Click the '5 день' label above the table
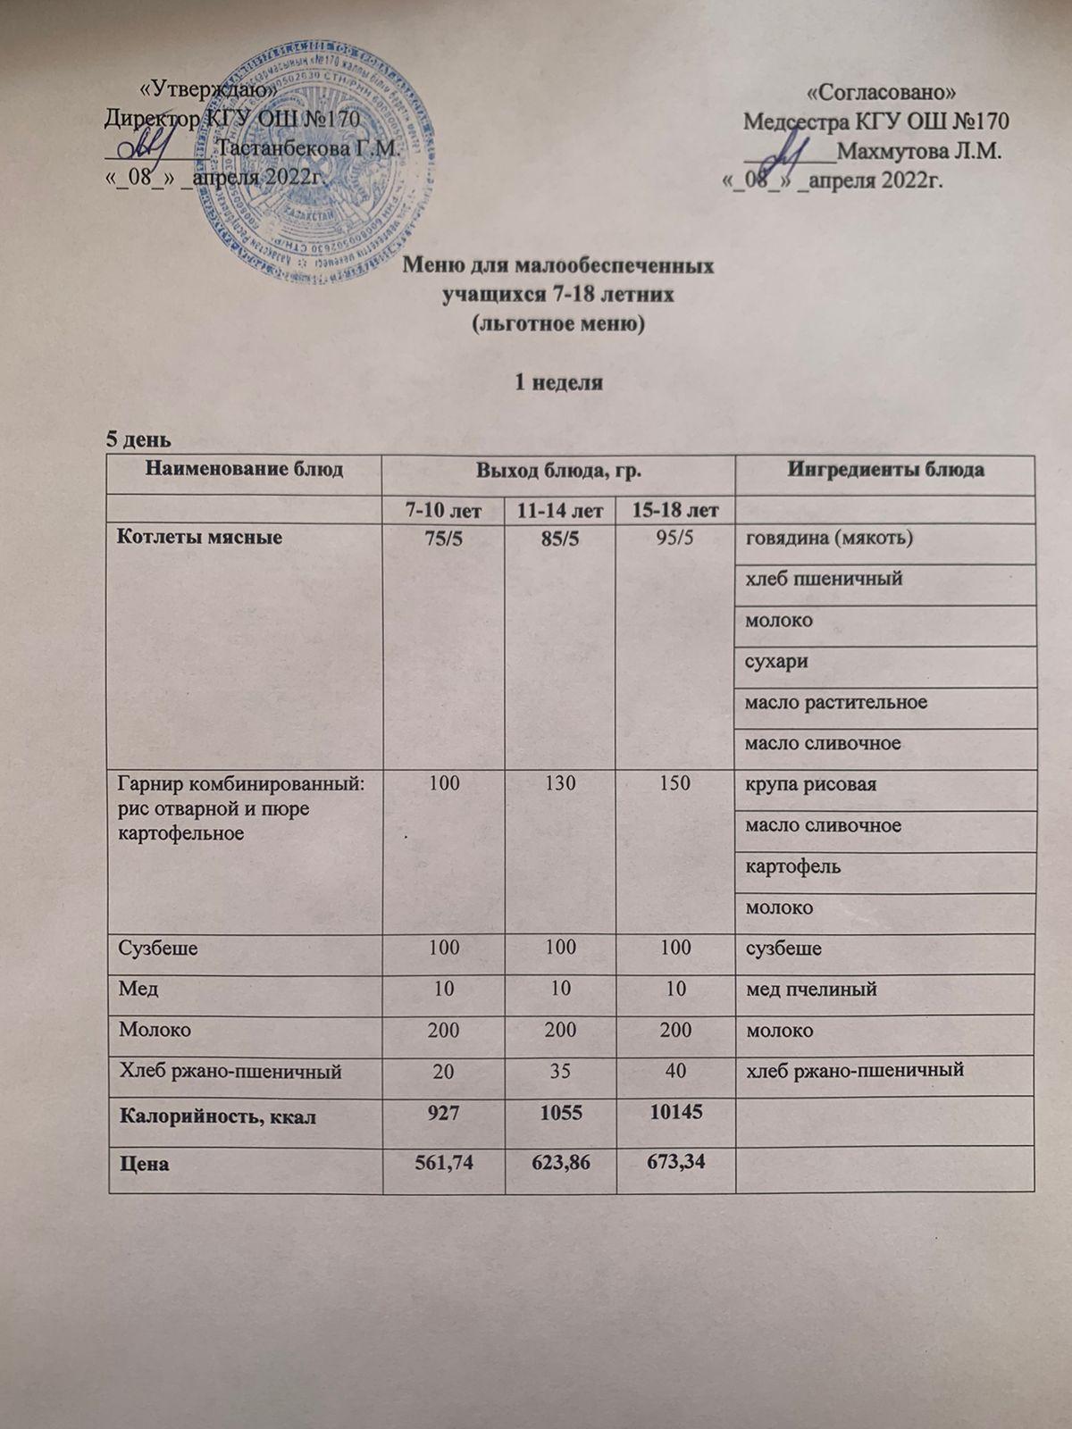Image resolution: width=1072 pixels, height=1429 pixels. click(x=134, y=439)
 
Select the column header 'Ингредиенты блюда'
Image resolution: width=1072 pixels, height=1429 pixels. click(x=885, y=470)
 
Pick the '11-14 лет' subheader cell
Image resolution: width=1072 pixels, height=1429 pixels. click(x=559, y=511)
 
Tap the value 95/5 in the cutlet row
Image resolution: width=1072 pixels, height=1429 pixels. click(x=674, y=538)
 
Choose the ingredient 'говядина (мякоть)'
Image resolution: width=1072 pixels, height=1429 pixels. click(x=828, y=538)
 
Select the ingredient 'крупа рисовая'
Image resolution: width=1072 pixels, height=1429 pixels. click(x=810, y=784)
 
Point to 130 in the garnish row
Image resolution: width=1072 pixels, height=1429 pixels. click(x=559, y=783)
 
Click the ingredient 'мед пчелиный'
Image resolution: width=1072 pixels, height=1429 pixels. click(x=810, y=989)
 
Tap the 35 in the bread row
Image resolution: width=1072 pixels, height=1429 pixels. click(x=559, y=1070)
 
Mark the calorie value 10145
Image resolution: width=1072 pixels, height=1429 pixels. click(x=674, y=1112)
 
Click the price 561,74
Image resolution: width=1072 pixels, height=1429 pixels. click(x=443, y=1164)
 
